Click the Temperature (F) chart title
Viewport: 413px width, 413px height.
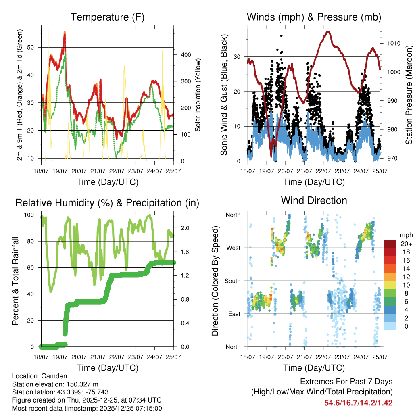pyautogui.click(x=107, y=17)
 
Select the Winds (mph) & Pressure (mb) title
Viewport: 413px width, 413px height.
pyautogui.click(x=314, y=17)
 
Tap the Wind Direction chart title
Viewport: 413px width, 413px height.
pyautogui.click(x=314, y=200)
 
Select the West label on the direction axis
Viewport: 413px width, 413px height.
pyautogui.click(x=233, y=248)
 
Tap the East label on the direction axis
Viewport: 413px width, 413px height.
pyautogui.click(x=233, y=314)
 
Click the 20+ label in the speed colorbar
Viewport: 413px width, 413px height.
pyautogui.click(x=406, y=244)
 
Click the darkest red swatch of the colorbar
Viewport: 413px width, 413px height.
pyautogui.click(x=390, y=244)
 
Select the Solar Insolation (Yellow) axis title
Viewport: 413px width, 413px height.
pyautogui.click(x=198, y=94)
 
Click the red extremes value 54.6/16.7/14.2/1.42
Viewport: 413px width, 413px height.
pyautogui.click(x=358, y=403)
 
